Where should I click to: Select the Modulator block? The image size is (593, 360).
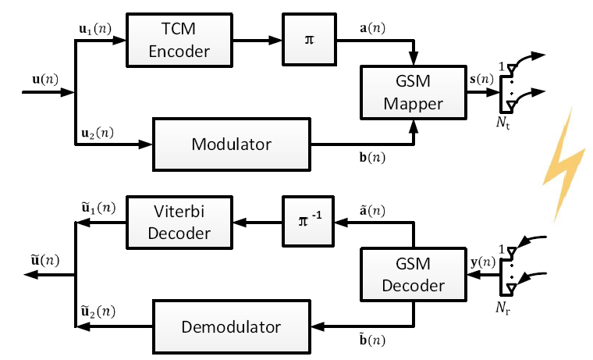click(231, 144)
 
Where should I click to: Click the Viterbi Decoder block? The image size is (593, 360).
click(179, 223)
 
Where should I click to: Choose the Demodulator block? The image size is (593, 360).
click(232, 326)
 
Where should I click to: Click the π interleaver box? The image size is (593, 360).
click(308, 41)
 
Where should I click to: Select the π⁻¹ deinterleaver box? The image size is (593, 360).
click(308, 223)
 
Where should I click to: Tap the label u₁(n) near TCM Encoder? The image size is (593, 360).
click(96, 27)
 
